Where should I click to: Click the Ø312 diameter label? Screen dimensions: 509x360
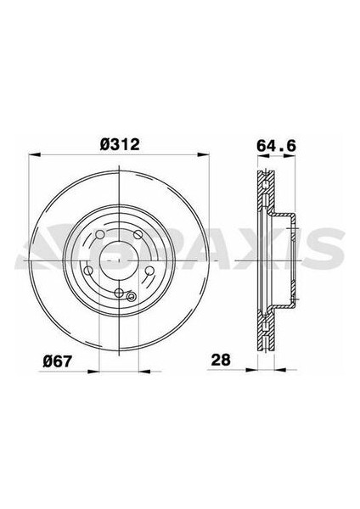point(119,145)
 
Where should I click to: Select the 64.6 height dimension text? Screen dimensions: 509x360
point(271,145)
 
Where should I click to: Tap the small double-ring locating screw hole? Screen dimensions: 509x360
point(131,296)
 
